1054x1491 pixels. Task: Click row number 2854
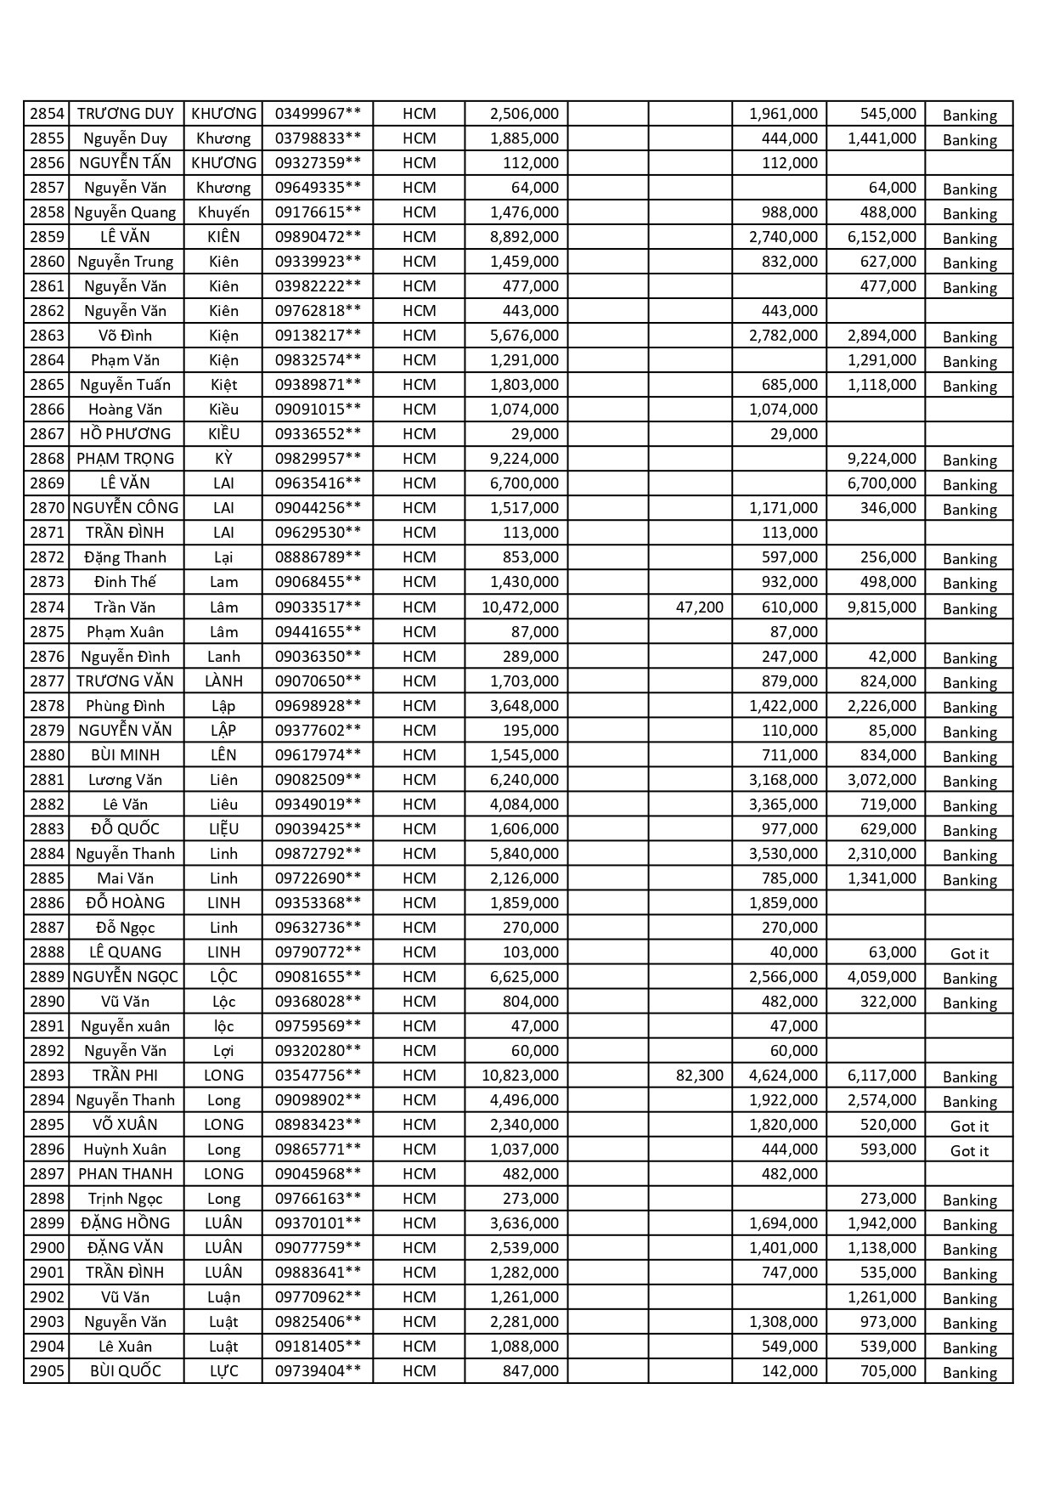[x=47, y=114]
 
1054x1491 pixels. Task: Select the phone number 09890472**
[x=318, y=237]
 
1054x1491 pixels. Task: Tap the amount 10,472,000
[x=520, y=607]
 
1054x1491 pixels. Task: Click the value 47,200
[x=700, y=607]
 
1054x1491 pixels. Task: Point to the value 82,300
[x=700, y=1076]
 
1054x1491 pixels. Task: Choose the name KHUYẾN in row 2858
[x=223, y=212]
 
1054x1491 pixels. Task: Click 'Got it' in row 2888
[x=969, y=953]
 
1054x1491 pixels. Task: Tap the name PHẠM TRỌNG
[x=126, y=459]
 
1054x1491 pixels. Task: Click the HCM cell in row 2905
[x=419, y=1371]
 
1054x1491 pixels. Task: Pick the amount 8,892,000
[x=524, y=237]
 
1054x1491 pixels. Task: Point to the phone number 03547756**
[x=318, y=1076]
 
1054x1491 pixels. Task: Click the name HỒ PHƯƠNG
[x=126, y=434]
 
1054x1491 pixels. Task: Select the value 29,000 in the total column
[x=535, y=434]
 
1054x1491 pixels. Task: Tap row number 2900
[x=47, y=1248]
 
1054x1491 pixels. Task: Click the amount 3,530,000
[x=783, y=854]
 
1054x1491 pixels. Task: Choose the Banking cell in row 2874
[x=969, y=608]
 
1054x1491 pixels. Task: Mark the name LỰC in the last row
[x=223, y=1371]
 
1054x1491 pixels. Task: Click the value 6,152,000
[x=882, y=237]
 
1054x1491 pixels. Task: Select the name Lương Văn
[x=126, y=780]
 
